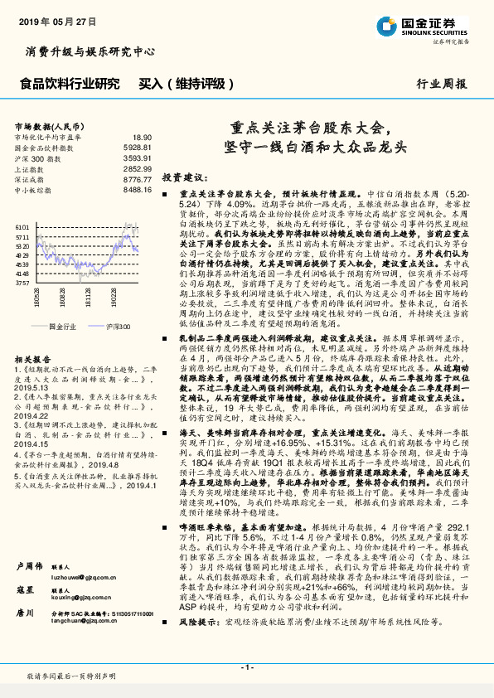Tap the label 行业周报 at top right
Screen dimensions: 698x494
coord(442,84)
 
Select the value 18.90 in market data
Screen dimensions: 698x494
coord(142,137)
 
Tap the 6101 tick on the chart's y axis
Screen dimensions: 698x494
coord(23,226)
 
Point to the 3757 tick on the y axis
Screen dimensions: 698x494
coord(23,283)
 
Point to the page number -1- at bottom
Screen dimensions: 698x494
coord(246,667)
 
